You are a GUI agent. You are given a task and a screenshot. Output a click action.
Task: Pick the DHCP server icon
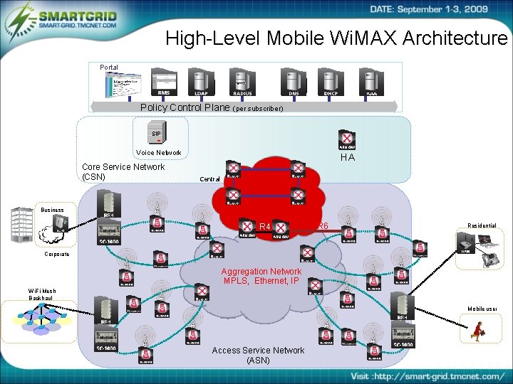click(x=330, y=80)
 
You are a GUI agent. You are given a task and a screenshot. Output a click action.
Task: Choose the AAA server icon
click(x=371, y=80)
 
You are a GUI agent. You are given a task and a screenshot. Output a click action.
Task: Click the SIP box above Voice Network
click(x=156, y=133)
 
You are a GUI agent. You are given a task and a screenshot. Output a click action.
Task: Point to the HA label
click(x=347, y=157)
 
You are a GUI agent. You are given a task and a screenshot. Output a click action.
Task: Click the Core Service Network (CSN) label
click(x=123, y=171)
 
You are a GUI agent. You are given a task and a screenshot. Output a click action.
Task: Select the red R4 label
click(x=264, y=227)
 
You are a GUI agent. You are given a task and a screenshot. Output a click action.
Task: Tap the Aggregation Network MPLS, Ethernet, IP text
click(x=260, y=276)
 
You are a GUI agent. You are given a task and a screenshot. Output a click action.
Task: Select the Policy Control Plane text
click(x=185, y=108)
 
